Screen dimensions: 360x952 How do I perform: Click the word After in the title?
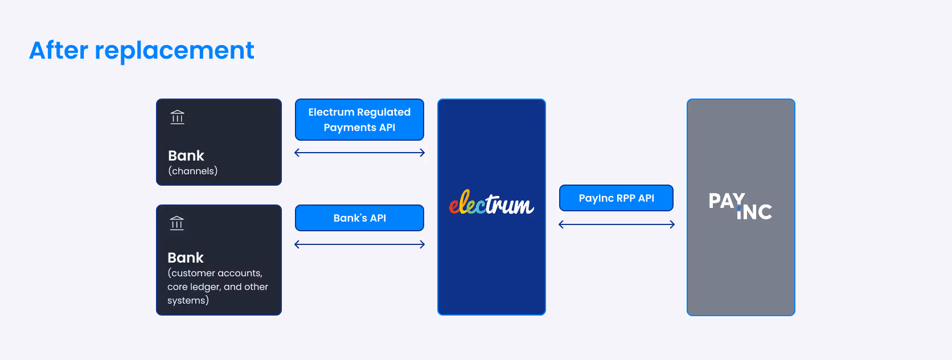point(58,50)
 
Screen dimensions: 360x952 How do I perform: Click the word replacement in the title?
point(174,51)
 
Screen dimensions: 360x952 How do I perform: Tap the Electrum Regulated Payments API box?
point(359,120)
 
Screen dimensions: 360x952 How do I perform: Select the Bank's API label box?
point(359,218)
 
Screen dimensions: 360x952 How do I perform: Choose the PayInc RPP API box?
point(616,198)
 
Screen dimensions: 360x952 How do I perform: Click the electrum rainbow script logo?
point(491,203)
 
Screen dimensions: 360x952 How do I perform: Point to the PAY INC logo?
point(740,207)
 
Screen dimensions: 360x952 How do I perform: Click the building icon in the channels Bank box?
point(178,117)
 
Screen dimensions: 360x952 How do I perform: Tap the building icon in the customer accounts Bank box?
point(177,223)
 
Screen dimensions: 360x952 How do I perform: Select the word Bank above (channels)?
point(186,156)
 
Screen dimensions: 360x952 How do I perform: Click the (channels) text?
point(193,171)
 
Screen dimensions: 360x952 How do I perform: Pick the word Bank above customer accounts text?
point(186,257)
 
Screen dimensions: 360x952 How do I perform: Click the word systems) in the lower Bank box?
point(188,300)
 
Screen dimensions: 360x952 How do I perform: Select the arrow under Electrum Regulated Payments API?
point(359,153)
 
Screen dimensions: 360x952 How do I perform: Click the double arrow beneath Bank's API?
point(359,244)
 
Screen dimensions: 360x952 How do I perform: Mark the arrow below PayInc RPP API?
point(617,224)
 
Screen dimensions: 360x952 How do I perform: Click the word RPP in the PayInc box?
point(625,198)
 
